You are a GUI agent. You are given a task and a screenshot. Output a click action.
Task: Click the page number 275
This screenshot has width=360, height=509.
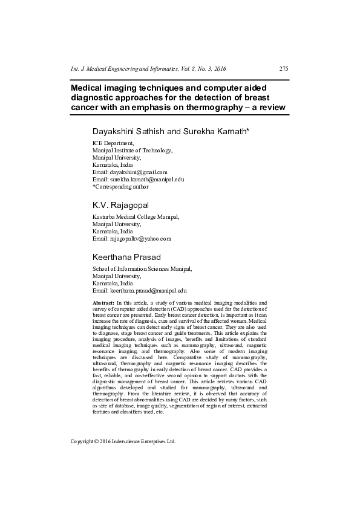point(283,69)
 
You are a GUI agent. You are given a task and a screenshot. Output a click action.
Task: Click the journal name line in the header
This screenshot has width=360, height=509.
point(149,69)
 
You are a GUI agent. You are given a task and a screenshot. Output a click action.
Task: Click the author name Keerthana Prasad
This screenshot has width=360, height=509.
point(128,257)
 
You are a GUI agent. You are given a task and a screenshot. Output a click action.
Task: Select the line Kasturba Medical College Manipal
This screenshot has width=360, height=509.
point(136,216)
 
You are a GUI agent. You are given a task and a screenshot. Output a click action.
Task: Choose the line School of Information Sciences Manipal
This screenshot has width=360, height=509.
point(142,268)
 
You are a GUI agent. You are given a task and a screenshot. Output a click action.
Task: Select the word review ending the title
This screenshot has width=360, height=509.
point(269,109)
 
